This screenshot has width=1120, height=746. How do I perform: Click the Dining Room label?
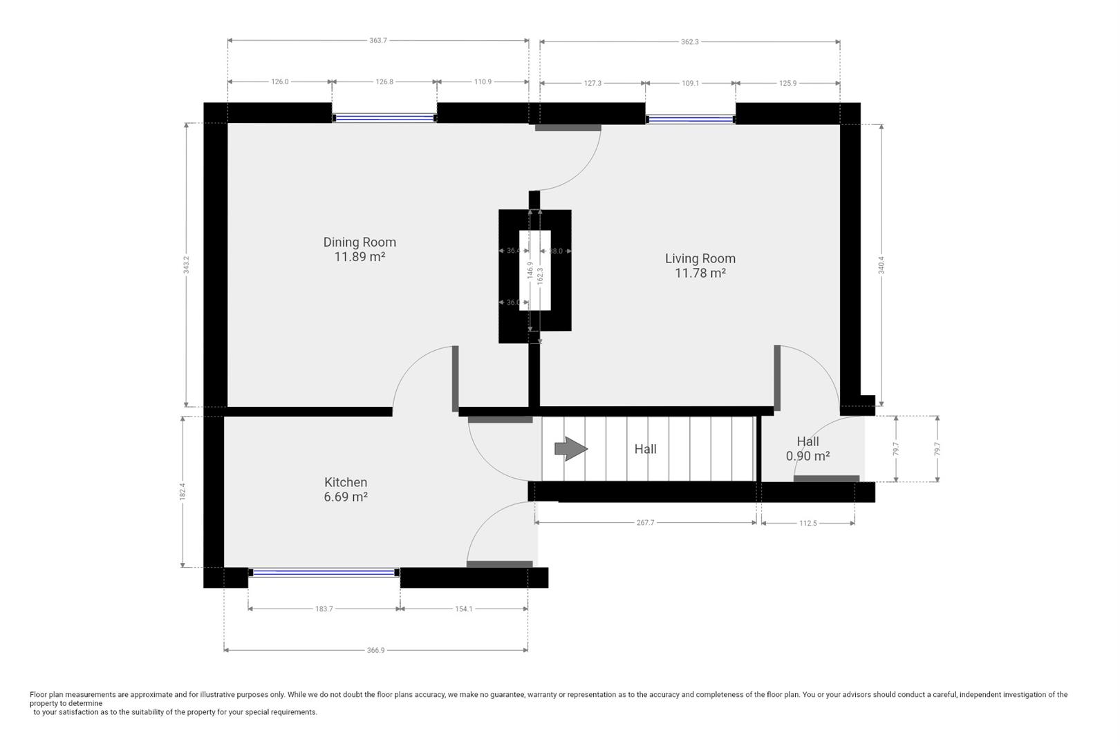tap(360, 242)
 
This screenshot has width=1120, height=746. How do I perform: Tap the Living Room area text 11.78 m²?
tap(700, 274)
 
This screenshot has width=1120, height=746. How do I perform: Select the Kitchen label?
tap(346, 482)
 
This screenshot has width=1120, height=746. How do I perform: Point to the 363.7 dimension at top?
tap(378, 41)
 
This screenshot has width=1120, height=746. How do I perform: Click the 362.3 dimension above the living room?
tap(689, 42)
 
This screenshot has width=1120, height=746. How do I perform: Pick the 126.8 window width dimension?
tap(384, 82)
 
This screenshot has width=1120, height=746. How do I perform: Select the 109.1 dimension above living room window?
tap(690, 83)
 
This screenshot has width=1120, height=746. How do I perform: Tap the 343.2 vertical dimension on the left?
tap(186, 265)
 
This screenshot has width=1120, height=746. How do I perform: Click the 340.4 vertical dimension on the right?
tap(881, 265)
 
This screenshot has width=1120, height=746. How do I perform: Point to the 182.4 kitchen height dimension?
tap(183, 491)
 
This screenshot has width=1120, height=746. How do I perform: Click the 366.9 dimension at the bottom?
tap(375, 650)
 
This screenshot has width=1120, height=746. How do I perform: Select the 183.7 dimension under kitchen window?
tap(324, 609)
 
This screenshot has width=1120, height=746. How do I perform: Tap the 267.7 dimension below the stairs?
tap(645, 523)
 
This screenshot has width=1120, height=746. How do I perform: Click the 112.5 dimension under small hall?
tap(808, 524)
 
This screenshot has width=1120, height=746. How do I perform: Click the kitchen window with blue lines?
tap(324, 573)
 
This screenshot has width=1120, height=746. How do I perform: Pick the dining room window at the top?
tap(384, 118)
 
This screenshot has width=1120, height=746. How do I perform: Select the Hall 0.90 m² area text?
tap(808, 457)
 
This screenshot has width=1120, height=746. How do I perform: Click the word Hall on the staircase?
tap(645, 449)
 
